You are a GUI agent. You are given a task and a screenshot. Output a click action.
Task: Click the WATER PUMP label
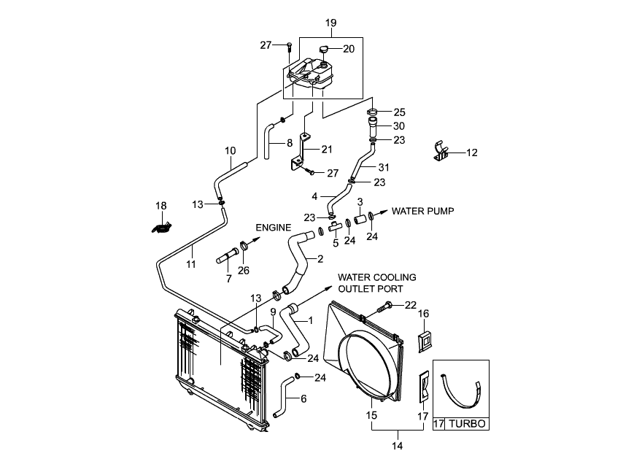[x=422, y=211]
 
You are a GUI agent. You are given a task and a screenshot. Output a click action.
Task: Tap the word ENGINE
[x=274, y=228]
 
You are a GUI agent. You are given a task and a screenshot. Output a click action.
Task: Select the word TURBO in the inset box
[x=467, y=423]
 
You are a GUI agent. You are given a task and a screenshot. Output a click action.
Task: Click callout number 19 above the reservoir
[x=330, y=23]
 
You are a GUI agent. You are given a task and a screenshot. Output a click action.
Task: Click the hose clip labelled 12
[x=440, y=152]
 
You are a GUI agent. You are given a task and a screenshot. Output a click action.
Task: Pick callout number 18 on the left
[x=161, y=206]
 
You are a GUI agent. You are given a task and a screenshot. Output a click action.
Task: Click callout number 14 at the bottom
[x=397, y=446]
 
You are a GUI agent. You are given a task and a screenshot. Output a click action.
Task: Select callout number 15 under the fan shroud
[x=371, y=415]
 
